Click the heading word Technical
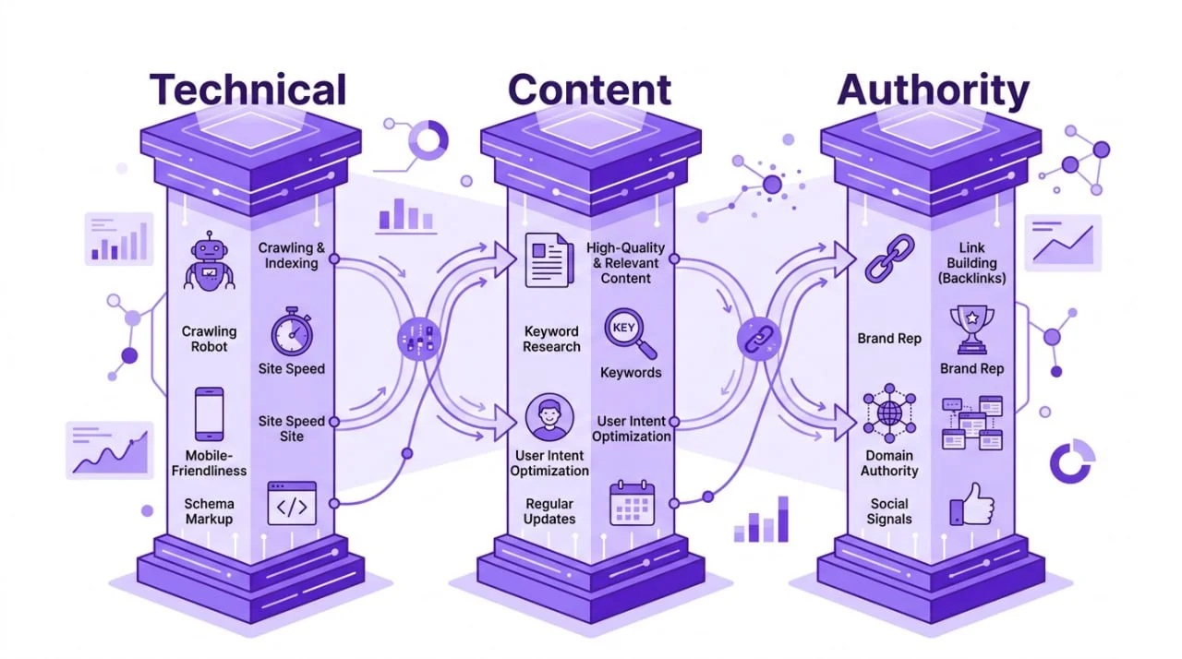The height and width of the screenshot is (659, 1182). pyautogui.click(x=248, y=90)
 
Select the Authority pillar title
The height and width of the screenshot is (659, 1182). pyautogui.click(x=932, y=90)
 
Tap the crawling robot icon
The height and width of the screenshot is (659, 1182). pyautogui.click(x=209, y=263)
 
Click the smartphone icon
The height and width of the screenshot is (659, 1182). pyautogui.click(x=209, y=413)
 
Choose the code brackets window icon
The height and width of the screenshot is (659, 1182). pyautogui.click(x=292, y=504)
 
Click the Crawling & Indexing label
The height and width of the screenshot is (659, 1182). pyautogui.click(x=292, y=256)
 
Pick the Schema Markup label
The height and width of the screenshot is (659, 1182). pyautogui.click(x=209, y=511)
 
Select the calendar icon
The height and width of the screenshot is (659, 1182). pyautogui.click(x=632, y=504)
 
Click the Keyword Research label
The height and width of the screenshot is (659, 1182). pyautogui.click(x=551, y=339)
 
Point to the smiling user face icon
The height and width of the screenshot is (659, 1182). pyautogui.click(x=549, y=417)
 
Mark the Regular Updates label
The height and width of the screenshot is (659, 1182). pyautogui.click(x=549, y=511)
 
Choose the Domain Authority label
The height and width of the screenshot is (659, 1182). pyautogui.click(x=889, y=463)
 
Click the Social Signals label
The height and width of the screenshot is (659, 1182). pyautogui.click(x=889, y=511)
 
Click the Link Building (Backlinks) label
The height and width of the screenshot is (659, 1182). pyautogui.click(x=971, y=263)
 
